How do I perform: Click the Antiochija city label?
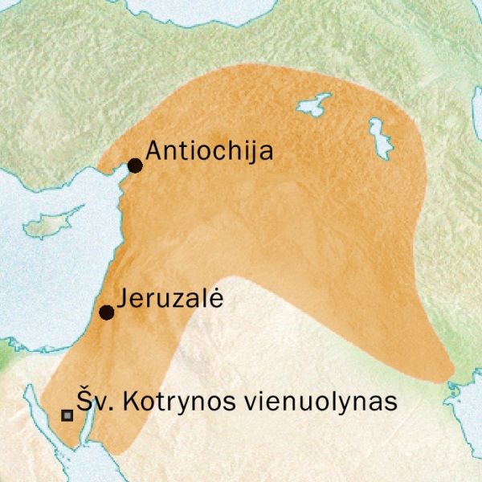(210, 153)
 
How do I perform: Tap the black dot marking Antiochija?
(135, 165)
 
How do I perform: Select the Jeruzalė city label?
(169, 299)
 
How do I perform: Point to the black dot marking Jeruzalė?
(105, 312)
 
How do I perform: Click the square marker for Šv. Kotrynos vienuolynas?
(67, 415)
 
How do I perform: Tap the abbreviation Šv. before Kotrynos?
(92, 401)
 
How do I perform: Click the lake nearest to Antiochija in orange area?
(313, 105)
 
